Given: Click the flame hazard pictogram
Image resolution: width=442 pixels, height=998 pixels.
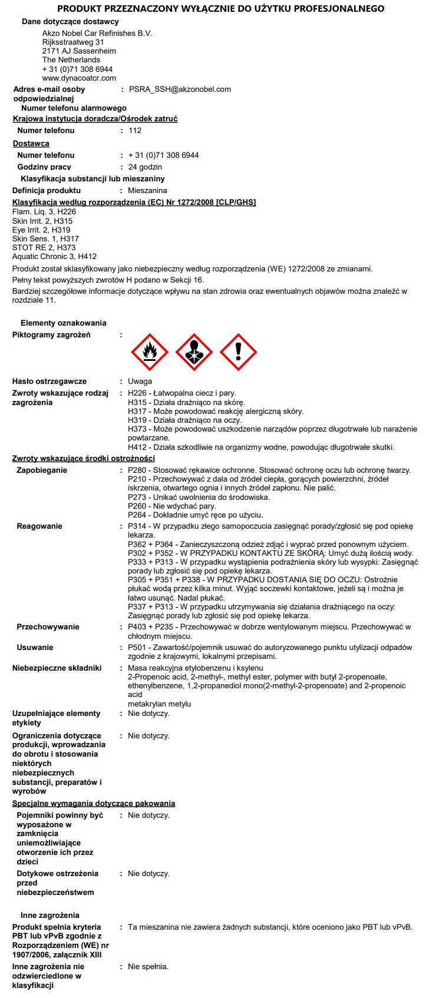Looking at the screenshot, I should point(150,353).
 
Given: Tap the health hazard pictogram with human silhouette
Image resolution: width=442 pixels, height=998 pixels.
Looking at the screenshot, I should point(194,353).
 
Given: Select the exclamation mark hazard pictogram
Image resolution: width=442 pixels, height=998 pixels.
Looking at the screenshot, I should point(238,353).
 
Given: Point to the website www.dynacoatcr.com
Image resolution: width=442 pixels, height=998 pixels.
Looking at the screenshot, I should point(79,78).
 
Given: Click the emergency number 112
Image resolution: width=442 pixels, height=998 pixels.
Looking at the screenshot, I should point(135,131).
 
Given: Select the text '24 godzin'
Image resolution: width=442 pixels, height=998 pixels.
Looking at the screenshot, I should point(145,167).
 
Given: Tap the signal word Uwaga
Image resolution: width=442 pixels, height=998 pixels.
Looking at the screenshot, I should point(140,382).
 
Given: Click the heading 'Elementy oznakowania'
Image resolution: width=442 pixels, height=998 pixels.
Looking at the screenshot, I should point(64,323).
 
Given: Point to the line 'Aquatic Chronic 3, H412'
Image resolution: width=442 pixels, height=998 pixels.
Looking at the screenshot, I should point(54,257).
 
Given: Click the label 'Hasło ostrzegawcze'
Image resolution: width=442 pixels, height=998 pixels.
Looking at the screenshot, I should point(50,382).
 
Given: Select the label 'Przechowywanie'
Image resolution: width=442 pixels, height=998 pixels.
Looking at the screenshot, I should point(48,627).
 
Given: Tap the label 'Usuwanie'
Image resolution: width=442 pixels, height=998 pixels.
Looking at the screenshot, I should point(35,648).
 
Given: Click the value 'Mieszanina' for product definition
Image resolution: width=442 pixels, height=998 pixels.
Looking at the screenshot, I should point(147,191).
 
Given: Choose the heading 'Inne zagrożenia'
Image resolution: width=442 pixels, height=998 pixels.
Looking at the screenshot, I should point(50,916).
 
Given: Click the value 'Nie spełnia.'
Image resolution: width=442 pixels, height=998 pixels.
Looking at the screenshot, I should point(148,967).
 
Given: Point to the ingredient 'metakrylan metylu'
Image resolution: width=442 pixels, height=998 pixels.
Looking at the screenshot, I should point(159,704).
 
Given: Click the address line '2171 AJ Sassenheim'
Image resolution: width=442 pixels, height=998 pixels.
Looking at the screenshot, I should point(79,51).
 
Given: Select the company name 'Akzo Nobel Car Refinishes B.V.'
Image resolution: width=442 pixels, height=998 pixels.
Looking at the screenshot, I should point(97,34).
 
